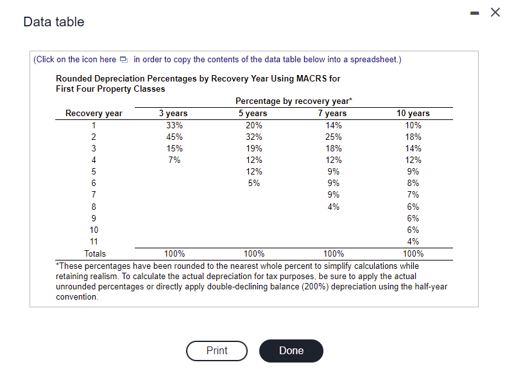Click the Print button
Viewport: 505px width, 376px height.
(217, 351)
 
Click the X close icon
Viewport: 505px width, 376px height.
(495, 12)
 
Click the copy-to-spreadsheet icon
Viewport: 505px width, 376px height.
(124, 60)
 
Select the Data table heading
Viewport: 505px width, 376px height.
(53, 22)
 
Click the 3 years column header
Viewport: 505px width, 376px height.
(173, 114)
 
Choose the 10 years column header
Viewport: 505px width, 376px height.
(413, 114)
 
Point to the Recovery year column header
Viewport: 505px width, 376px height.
(94, 114)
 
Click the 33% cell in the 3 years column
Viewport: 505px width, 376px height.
(174, 125)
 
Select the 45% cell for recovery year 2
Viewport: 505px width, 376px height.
(174, 137)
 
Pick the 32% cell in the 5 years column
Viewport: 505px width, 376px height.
(254, 137)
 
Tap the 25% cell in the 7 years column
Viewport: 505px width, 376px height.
(333, 137)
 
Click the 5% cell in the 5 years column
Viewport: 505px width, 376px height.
(254, 183)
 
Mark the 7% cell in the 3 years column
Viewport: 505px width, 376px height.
(174, 160)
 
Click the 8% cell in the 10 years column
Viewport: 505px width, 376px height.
(413, 183)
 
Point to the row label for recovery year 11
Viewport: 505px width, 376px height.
(94, 241)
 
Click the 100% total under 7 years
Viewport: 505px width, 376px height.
(333, 253)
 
